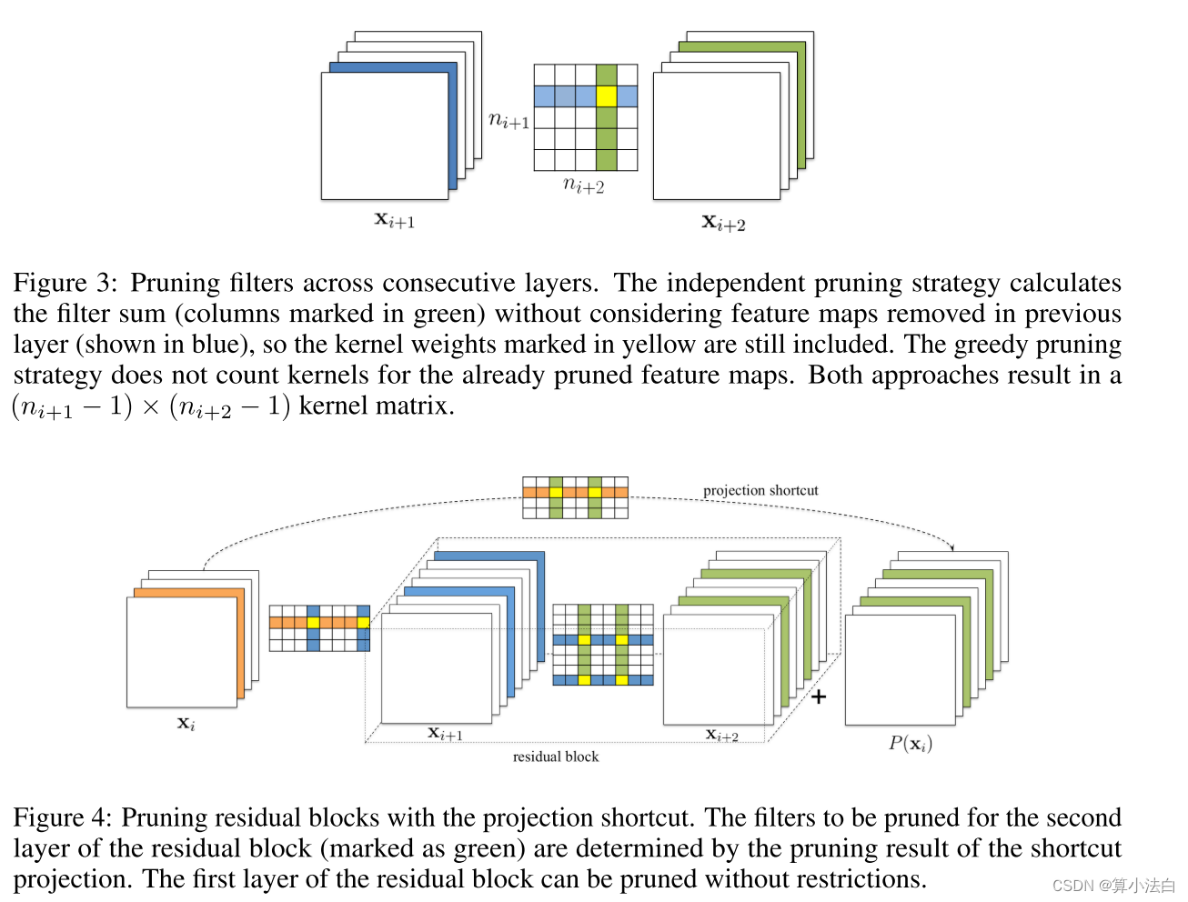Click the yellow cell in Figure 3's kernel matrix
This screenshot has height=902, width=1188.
click(607, 96)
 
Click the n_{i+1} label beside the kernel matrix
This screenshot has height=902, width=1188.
click(508, 120)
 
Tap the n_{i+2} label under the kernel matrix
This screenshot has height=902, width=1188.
click(583, 185)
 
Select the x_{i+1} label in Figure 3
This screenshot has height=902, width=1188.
click(395, 220)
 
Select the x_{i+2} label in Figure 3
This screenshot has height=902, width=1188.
click(723, 223)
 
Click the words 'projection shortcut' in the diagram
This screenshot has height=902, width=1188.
click(760, 491)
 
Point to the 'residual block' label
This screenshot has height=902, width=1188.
click(555, 757)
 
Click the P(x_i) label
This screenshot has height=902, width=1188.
click(911, 744)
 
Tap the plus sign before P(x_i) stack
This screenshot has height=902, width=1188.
click(819, 697)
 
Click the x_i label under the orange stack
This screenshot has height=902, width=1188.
click(186, 724)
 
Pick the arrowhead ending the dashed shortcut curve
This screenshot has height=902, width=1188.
click(952, 547)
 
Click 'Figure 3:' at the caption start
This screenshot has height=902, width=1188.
click(65, 283)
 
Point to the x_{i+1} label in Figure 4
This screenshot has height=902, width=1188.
click(445, 734)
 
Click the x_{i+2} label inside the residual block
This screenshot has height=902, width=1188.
click(722, 735)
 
